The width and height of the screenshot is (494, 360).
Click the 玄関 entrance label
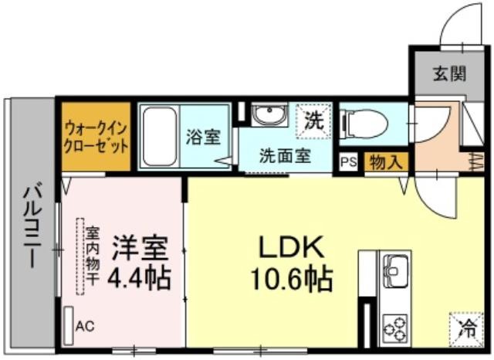click(449, 74)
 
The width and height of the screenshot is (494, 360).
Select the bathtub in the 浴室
click(160, 137)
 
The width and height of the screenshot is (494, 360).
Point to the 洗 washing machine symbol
click(314, 121)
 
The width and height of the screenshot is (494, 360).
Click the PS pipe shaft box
click(349, 161)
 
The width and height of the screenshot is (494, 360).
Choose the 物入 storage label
click(386, 162)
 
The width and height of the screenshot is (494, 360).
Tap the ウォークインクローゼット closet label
click(96, 138)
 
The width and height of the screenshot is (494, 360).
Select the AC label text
click(85, 326)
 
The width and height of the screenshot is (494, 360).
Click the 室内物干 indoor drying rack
click(80, 256)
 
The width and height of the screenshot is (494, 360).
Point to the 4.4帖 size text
click(139, 279)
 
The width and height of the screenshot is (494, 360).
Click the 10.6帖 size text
click(291, 279)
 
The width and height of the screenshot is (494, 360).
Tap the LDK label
click(291, 247)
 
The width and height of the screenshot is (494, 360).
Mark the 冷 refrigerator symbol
click(466, 328)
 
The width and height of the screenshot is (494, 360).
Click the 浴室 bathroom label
click(203, 137)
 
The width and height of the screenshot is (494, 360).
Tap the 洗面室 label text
click(285, 156)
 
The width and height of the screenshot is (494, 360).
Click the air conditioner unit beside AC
click(68, 326)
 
